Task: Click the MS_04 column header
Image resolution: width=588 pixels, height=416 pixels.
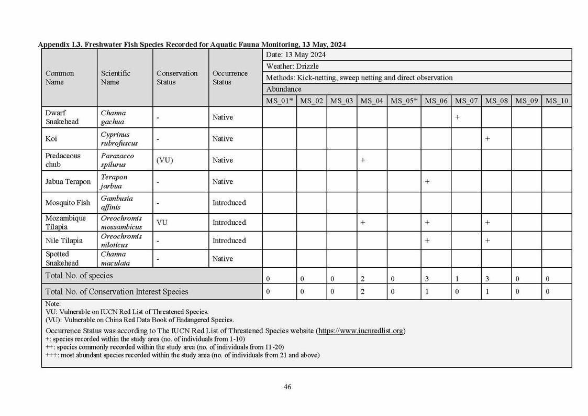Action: [x=372, y=101]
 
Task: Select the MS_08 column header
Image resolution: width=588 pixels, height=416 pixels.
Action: [x=496, y=101]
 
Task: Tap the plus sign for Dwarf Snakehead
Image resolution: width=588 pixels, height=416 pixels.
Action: [x=457, y=117]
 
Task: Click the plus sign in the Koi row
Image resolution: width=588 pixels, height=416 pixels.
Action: [x=487, y=139]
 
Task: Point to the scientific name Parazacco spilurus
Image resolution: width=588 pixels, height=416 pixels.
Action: [x=117, y=160]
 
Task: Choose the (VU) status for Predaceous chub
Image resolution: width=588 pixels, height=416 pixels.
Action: [x=165, y=160]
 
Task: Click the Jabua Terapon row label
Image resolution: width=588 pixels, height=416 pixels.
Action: [x=68, y=182]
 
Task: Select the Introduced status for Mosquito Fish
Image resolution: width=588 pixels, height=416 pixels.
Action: [x=229, y=203]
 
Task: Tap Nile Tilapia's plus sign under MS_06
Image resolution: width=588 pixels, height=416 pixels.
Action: [x=427, y=240]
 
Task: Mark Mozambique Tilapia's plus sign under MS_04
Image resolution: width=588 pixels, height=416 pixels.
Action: [x=362, y=223]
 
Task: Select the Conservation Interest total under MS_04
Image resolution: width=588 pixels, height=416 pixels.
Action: [x=362, y=292]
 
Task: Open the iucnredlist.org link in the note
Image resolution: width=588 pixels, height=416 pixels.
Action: [x=361, y=331]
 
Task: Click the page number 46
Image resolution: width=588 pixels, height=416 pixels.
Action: [x=287, y=387]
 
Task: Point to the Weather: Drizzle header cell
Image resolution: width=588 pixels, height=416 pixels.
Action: [x=292, y=67]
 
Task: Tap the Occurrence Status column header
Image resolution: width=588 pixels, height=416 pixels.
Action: [x=230, y=78]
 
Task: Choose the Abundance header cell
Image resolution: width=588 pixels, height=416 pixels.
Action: [x=284, y=89]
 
